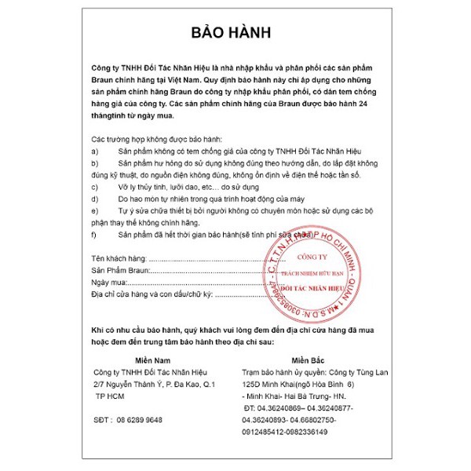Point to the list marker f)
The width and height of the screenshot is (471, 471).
[95, 235]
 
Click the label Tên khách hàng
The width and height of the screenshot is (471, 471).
[119, 257]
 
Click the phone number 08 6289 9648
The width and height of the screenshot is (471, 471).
[141, 420]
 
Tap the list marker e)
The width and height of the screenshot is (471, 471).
[95, 212]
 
